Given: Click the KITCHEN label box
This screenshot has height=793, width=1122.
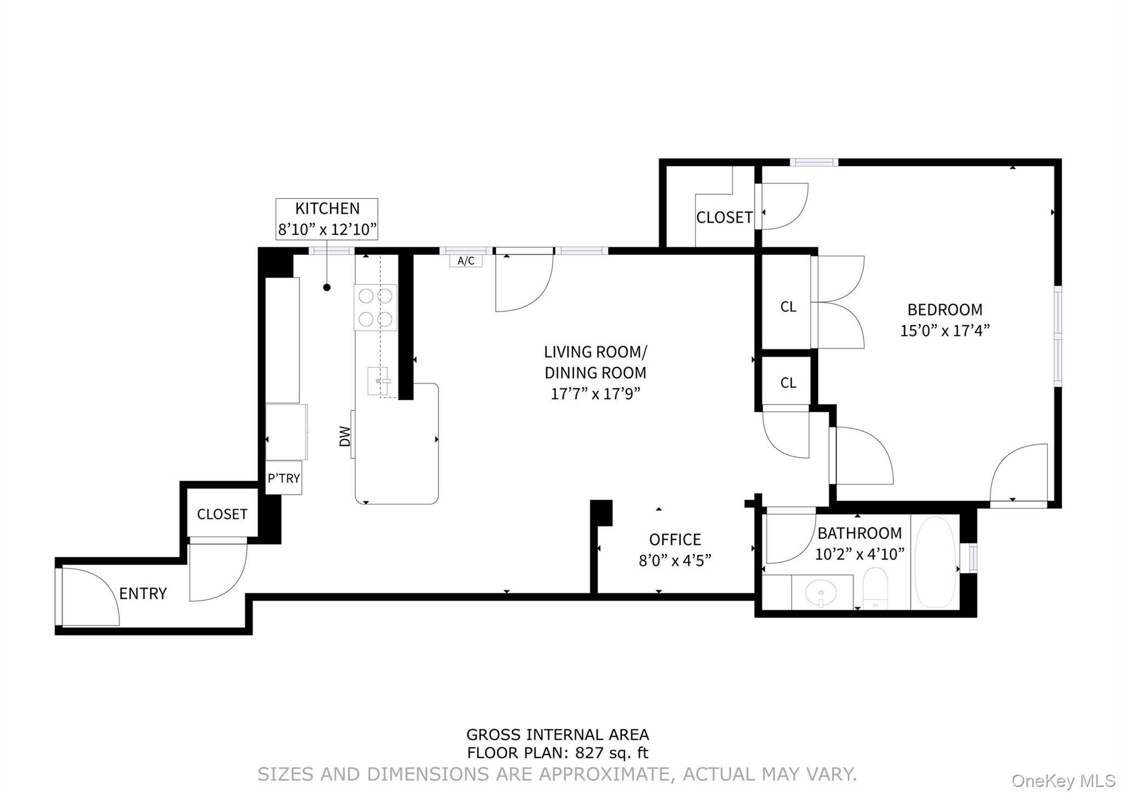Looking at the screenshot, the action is [327, 219].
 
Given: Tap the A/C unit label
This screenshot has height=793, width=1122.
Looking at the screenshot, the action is [466, 261].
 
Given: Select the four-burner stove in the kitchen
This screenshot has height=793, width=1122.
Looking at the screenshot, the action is [375, 307].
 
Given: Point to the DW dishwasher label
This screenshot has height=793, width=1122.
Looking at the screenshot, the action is [345, 436].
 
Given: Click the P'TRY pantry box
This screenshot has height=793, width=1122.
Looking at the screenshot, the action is [283, 478].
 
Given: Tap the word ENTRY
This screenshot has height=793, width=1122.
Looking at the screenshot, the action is [143, 594].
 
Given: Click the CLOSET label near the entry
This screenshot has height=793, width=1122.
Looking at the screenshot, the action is [222, 514].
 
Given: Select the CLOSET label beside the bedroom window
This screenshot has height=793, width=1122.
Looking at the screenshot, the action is [724, 218].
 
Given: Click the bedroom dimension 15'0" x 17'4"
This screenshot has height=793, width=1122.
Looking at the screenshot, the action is [945, 330].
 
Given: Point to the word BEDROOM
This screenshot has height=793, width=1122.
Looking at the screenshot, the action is [945, 310].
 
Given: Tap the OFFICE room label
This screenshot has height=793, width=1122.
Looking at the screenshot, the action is [675, 540].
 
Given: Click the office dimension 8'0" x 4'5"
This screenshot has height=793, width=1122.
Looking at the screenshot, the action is [675, 561].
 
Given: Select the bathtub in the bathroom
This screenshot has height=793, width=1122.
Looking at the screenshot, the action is [936, 562].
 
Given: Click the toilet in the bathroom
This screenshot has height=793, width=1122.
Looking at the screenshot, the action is [875, 588].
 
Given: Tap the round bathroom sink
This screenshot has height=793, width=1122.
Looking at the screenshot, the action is [820, 592].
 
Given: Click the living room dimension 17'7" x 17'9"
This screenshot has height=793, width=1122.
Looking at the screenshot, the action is [596, 393].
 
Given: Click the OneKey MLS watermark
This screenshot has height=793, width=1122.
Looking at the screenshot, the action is [1063, 780].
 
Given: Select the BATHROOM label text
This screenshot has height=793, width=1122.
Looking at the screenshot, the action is [860, 533].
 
